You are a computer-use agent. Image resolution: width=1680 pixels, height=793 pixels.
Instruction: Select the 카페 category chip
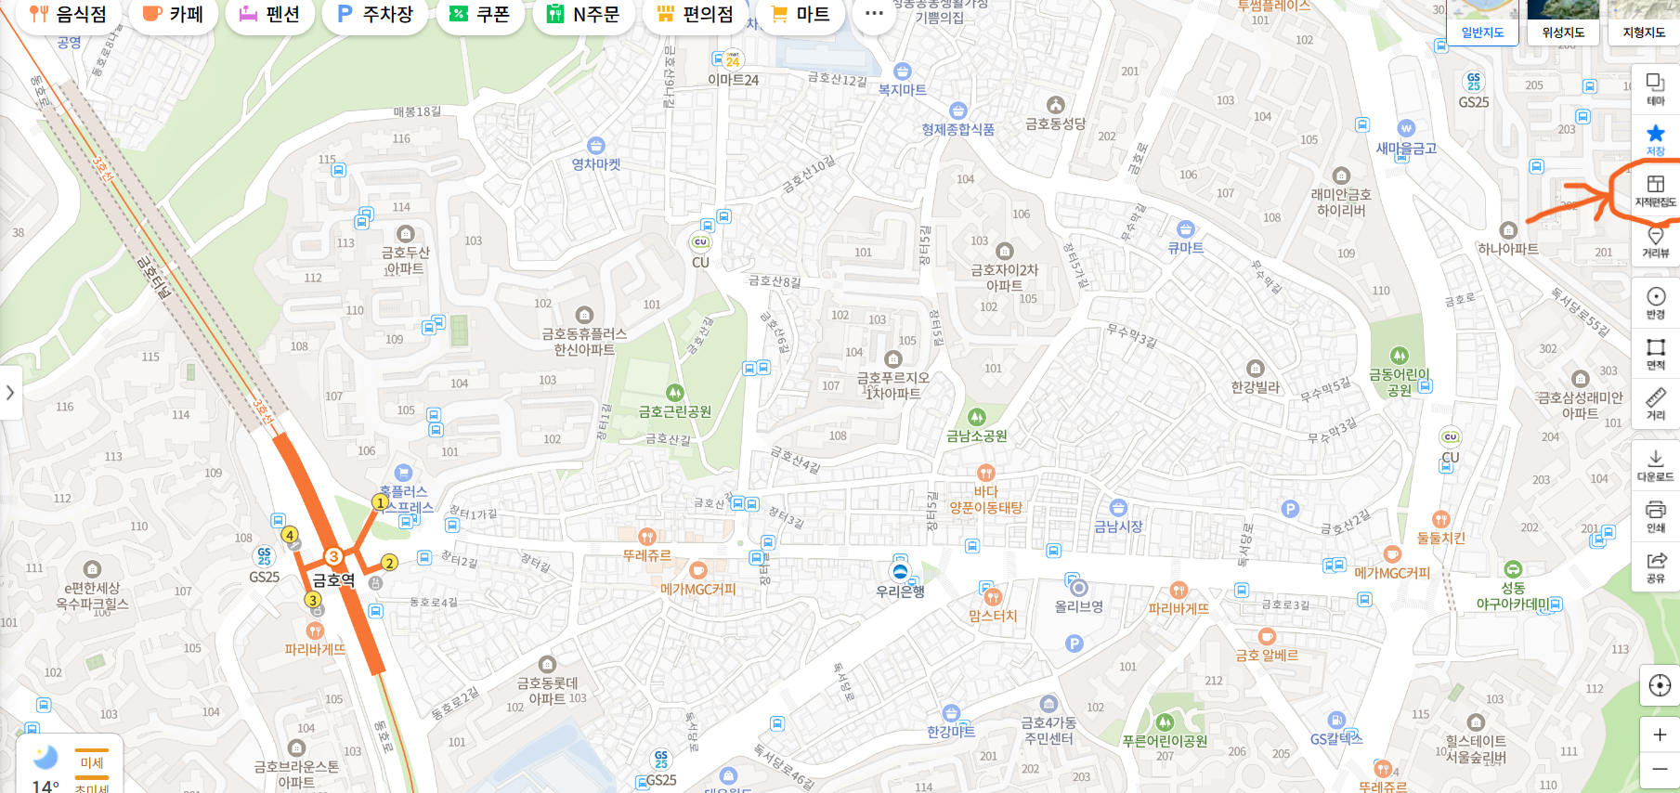pos(173,14)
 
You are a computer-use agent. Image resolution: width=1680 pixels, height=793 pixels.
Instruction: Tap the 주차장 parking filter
pos(374,14)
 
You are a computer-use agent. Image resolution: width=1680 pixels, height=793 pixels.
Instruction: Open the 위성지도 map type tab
pos(1563,32)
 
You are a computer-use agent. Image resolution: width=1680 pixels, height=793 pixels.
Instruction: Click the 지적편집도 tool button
pos(1655,190)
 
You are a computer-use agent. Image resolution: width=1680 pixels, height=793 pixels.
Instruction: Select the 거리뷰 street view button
pos(1655,242)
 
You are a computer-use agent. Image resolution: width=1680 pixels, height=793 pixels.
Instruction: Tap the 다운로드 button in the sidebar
pos(1655,465)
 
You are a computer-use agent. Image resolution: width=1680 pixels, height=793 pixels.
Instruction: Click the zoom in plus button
pos(1659,734)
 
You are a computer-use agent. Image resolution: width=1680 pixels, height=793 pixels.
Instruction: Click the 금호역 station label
pos(333,580)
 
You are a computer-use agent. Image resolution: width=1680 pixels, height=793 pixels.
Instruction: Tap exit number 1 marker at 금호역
pos(380,502)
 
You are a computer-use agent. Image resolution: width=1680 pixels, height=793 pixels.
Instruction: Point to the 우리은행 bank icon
pos(899,571)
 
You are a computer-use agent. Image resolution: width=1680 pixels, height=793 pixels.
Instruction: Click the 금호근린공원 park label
pos(675,411)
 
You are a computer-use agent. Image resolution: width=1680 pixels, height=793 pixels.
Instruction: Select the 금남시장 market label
pos(1118,526)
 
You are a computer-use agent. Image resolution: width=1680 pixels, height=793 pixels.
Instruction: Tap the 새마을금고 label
pos(1406,148)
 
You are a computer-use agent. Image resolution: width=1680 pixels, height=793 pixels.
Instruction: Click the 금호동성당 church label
pos(1055,123)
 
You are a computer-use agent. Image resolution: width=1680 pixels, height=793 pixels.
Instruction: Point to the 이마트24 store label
pos(734,80)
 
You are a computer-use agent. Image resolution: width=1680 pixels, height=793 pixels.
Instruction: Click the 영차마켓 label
pos(596,164)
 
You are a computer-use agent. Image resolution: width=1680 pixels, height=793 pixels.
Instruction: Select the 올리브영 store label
pos(1078,605)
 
